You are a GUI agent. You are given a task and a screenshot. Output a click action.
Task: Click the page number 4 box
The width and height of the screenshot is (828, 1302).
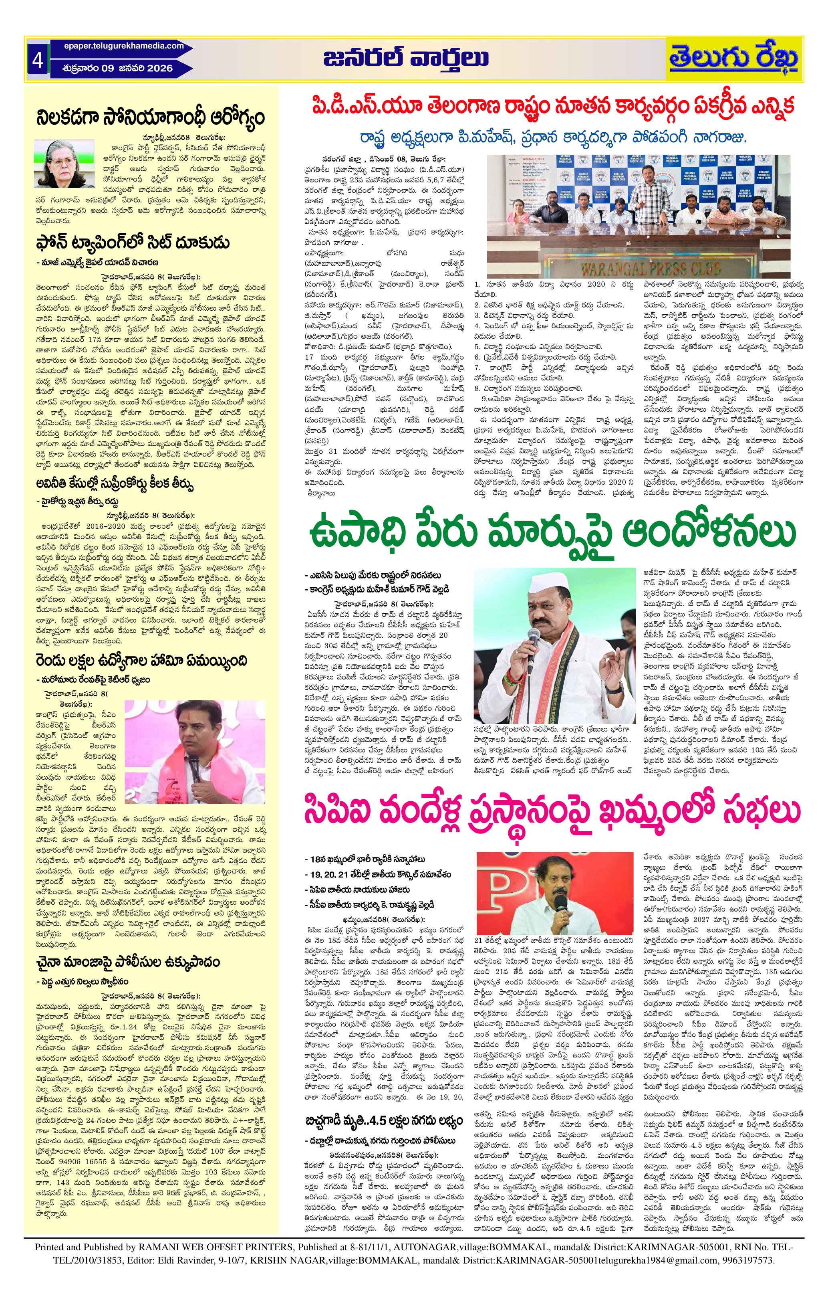(38, 59)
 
